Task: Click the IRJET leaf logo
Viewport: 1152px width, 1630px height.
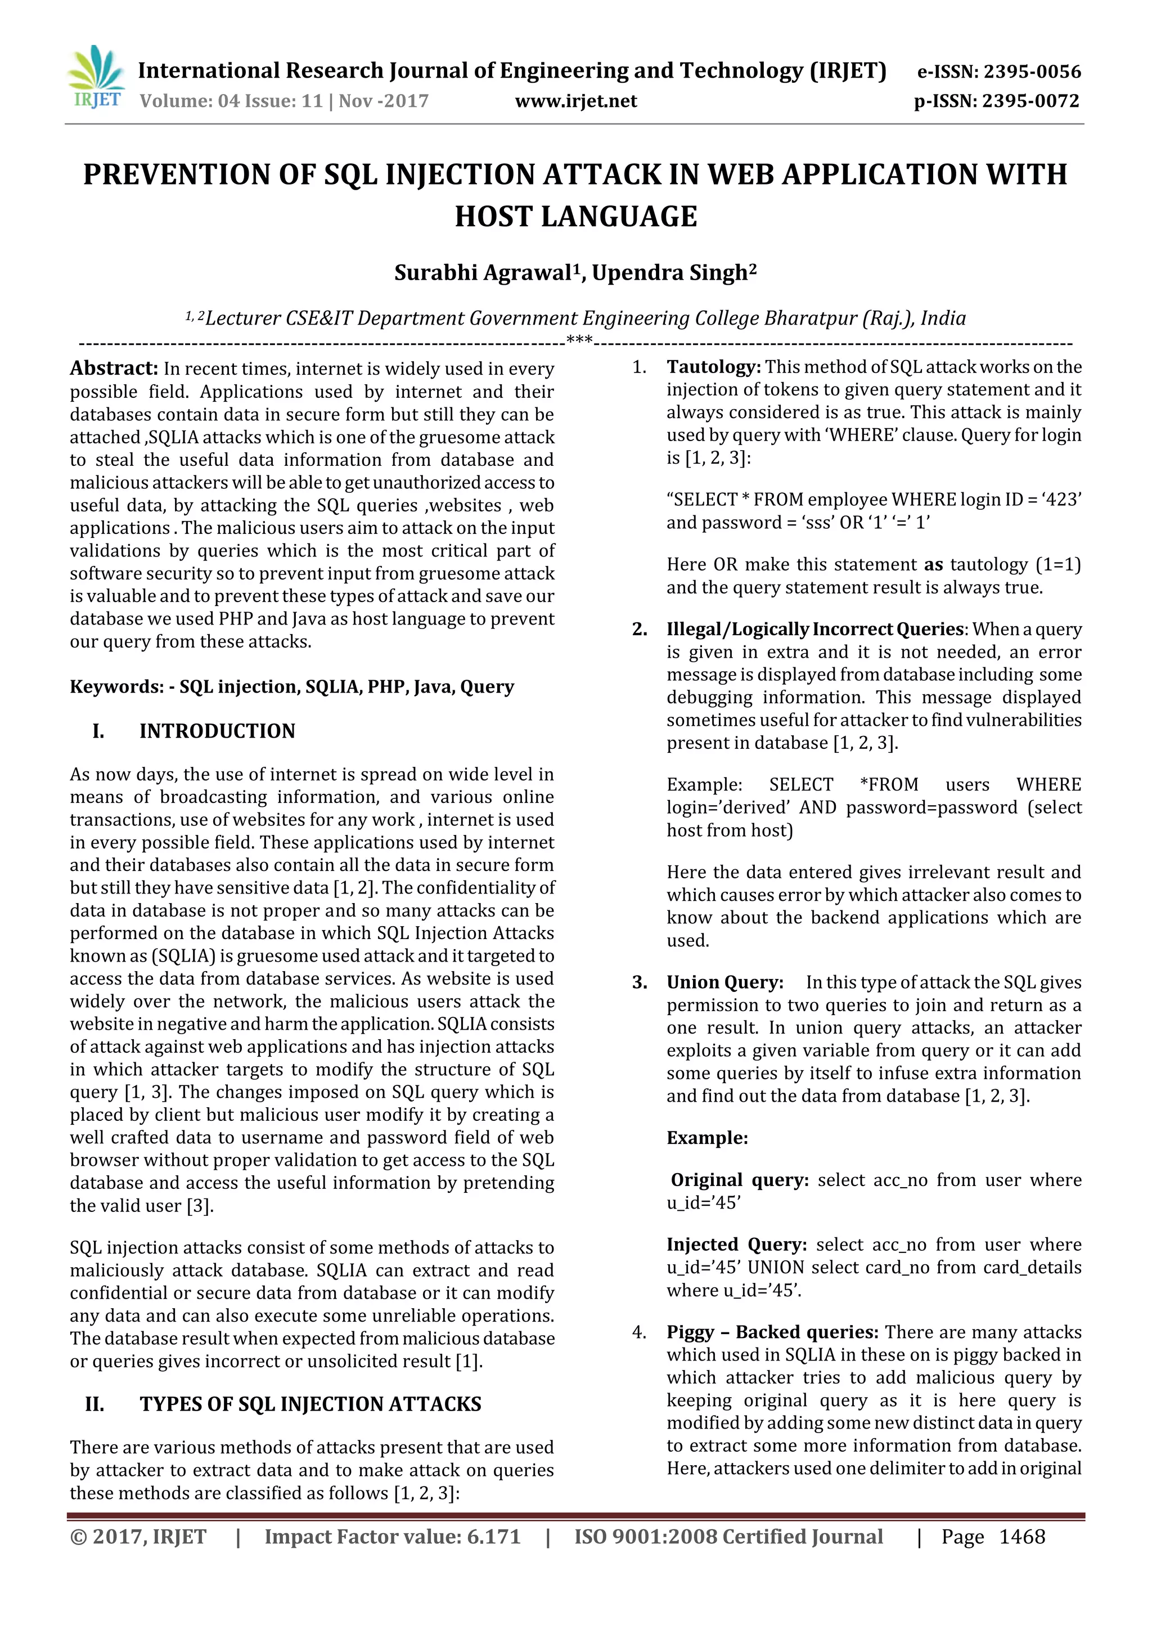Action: coord(96,77)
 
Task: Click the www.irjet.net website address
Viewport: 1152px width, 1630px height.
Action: coord(575,101)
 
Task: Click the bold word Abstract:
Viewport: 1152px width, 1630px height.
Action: coord(114,368)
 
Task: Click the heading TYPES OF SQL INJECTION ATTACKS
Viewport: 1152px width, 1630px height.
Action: coord(310,1404)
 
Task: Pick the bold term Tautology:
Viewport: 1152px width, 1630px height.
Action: coord(713,367)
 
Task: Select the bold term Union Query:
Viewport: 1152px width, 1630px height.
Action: coord(724,982)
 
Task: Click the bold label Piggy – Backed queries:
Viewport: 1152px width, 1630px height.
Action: coord(772,1332)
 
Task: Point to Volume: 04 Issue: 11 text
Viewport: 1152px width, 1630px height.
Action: coord(231,101)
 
